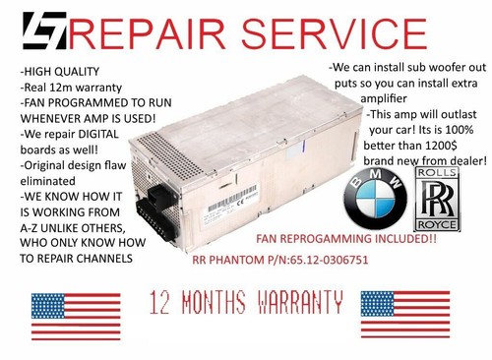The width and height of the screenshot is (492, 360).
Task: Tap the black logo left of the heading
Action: [36, 32]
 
